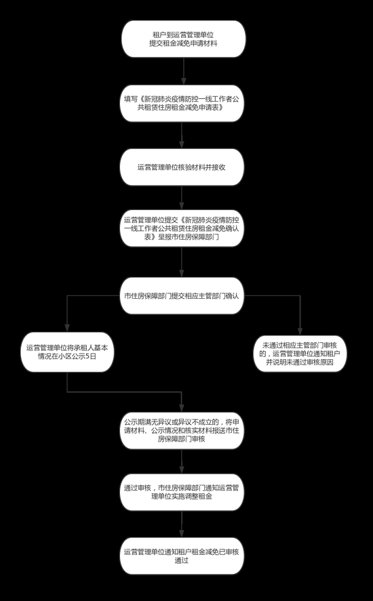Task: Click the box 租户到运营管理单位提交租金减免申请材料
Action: click(184, 39)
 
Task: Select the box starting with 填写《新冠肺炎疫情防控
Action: click(182, 104)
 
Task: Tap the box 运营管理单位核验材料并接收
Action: click(182, 167)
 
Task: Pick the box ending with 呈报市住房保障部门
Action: click(182, 228)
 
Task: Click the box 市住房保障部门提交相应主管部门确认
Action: click(182, 296)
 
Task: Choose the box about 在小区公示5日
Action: click(66, 352)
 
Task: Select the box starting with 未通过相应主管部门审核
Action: click(300, 354)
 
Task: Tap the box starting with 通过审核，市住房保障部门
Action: click(182, 492)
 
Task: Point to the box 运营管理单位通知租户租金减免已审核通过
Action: click(182, 556)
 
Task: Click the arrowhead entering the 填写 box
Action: click(184, 81)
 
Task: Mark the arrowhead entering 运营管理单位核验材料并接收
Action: click(182, 144)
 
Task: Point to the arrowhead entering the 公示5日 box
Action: click(67, 328)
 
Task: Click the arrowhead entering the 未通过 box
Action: click(300, 331)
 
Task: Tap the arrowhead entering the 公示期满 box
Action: click(182, 408)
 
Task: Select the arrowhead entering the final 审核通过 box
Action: click(182, 533)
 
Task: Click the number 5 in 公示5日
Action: click(92, 356)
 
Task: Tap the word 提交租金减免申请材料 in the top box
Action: click(183, 43)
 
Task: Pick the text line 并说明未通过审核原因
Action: click(300, 361)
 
